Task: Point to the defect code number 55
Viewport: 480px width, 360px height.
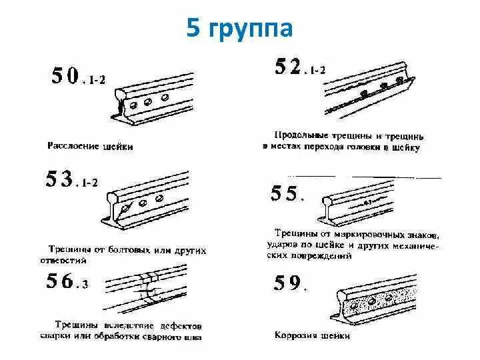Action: [x=285, y=194]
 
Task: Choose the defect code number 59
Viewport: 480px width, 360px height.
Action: [x=287, y=283]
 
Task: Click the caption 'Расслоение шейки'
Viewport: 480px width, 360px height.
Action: [x=91, y=145]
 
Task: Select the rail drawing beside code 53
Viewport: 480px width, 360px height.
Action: [x=147, y=201]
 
